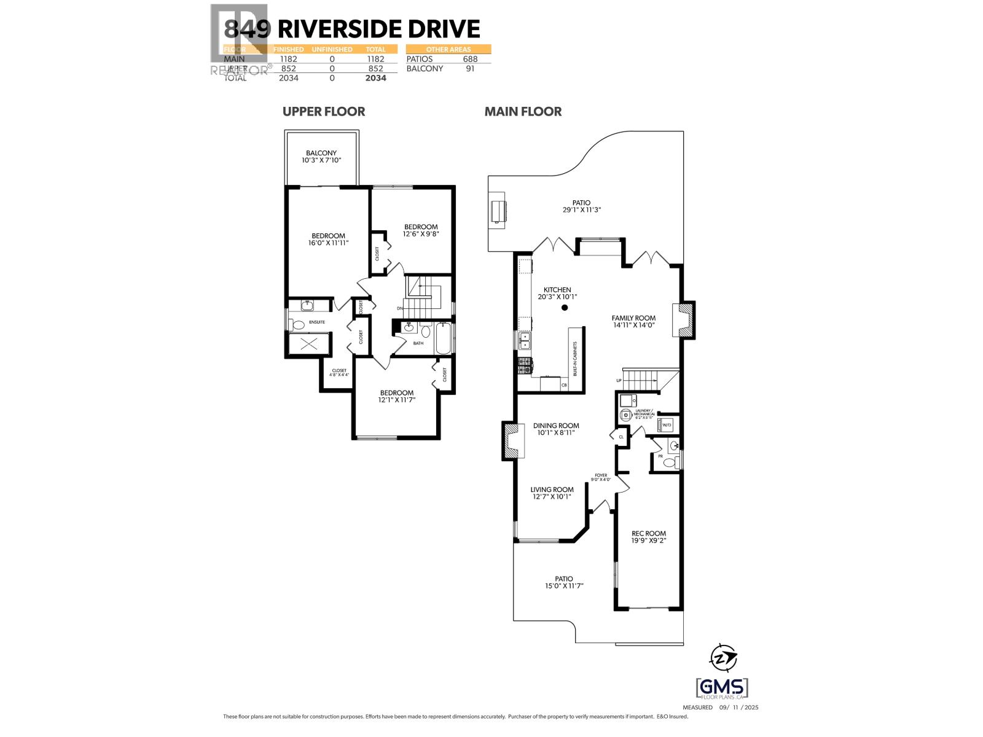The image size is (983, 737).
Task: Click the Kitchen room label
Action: click(x=557, y=290)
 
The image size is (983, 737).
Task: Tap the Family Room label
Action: click(x=633, y=318)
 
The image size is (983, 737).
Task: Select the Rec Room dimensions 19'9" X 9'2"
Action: click(x=649, y=541)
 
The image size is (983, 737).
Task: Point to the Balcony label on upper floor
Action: click(x=321, y=153)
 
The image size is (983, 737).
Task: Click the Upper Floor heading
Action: click(x=324, y=111)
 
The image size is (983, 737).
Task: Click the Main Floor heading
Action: click(x=523, y=111)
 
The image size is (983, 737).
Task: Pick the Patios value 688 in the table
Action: click(x=470, y=59)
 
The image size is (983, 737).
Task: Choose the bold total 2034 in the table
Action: click(x=375, y=78)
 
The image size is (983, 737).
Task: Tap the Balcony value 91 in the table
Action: click(x=470, y=69)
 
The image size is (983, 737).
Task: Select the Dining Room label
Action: click(x=556, y=426)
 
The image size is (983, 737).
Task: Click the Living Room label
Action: click(x=552, y=490)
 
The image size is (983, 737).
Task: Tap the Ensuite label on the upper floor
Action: click(x=316, y=322)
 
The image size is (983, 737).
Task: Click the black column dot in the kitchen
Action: click(x=565, y=308)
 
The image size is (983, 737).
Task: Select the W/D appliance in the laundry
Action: click(x=666, y=424)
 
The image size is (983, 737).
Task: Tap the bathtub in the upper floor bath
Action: click(x=444, y=340)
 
